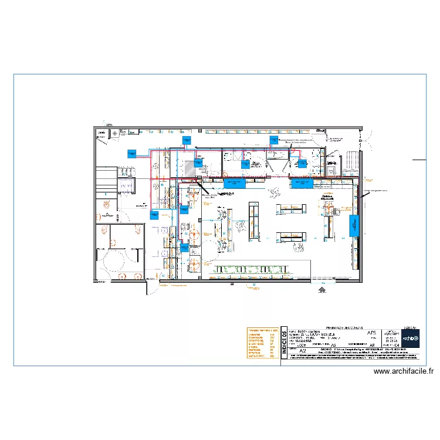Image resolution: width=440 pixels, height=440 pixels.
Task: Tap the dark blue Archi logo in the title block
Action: tap(411, 338)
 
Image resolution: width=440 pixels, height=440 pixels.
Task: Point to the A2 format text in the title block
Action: tap(303, 350)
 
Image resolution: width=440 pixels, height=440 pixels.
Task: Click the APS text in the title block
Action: tap(371, 333)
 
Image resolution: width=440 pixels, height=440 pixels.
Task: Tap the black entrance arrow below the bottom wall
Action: tap(321, 289)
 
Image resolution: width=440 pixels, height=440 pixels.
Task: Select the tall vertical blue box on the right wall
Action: tap(353, 225)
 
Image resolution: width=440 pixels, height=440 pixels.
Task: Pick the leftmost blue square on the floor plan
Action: tap(131, 154)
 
